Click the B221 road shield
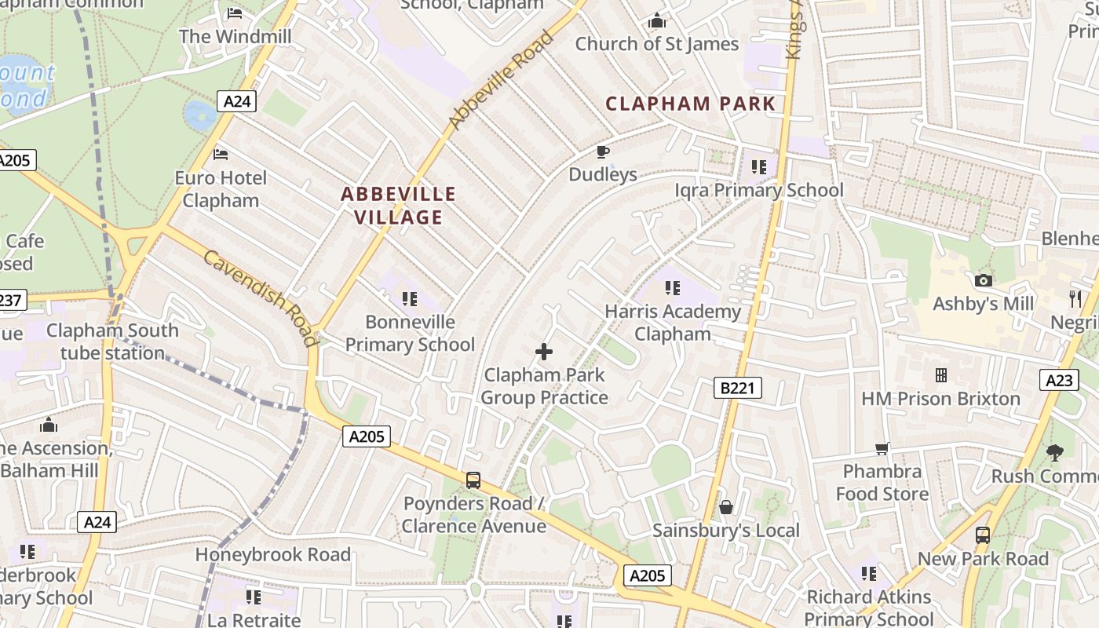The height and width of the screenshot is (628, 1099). point(738,387)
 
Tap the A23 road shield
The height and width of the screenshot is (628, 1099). point(1059,381)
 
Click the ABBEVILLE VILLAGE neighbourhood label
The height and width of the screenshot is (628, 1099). point(398,206)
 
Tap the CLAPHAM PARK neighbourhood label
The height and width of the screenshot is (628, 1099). point(690,104)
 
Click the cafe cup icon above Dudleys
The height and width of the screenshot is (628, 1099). point(602,152)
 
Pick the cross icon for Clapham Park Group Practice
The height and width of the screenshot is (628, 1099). point(543,352)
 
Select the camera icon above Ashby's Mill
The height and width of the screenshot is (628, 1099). point(983,280)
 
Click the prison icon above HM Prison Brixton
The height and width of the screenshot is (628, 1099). point(940,375)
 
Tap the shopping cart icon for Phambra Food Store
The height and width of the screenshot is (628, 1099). point(882,449)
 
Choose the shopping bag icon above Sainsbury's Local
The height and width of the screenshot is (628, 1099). point(725,507)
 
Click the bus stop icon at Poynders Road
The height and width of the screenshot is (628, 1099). point(473,480)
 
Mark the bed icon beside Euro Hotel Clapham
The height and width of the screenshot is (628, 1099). point(221,155)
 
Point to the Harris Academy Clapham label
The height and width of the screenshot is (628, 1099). point(673,323)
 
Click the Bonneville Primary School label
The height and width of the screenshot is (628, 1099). point(410,333)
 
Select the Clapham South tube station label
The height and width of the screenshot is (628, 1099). point(112,341)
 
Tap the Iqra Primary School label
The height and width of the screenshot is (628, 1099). point(759,190)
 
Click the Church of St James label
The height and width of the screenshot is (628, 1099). point(657,44)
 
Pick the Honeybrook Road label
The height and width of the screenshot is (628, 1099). point(272,554)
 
